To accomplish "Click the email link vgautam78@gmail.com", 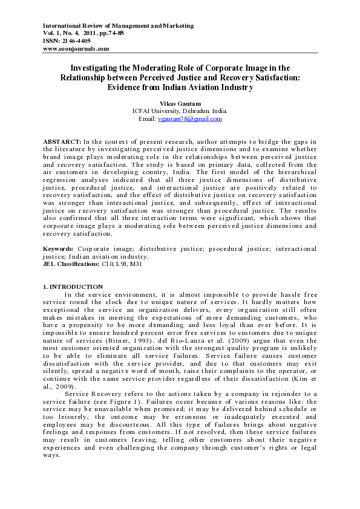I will click(x=189, y=119).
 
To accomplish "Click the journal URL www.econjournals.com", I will click(x=76, y=48).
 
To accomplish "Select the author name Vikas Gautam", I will click(x=180, y=103).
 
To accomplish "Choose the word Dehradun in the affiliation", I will click(x=191, y=111).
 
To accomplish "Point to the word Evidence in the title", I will click(x=128, y=87).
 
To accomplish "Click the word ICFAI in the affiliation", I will click(x=143, y=111).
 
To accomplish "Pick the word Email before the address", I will click(x=147, y=119).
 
